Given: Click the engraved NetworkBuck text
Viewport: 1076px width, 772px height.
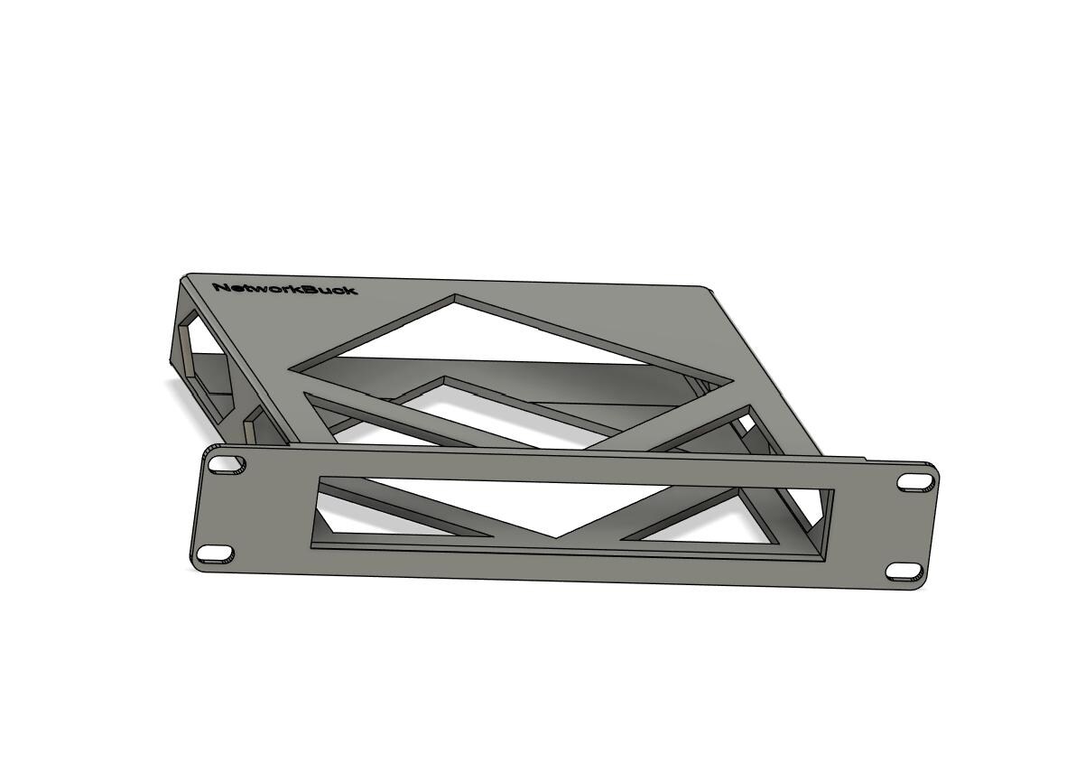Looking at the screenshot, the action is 284,288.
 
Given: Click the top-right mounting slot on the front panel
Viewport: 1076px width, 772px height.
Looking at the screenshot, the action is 912,482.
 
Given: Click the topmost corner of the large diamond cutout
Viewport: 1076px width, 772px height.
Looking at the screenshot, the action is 454,296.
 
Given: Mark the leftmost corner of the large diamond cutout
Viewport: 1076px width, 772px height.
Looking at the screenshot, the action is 291,369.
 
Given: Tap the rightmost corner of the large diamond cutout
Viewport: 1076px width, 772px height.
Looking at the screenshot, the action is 730,378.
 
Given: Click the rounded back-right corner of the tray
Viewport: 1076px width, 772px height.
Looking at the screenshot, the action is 711,288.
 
